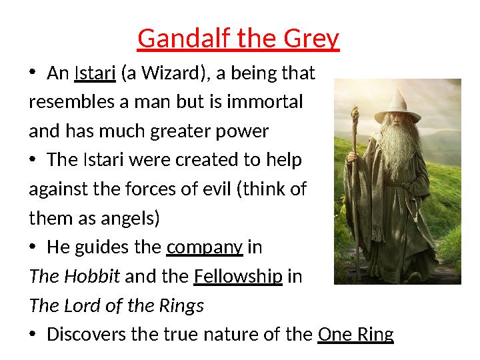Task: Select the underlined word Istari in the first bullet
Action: tap(96, 73)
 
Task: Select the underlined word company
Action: tap(204, 247)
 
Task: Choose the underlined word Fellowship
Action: tap(238, 276)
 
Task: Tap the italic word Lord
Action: tap(78, 305)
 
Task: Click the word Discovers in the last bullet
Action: tap(89, 334)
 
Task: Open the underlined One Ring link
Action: tap(355, 334)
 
